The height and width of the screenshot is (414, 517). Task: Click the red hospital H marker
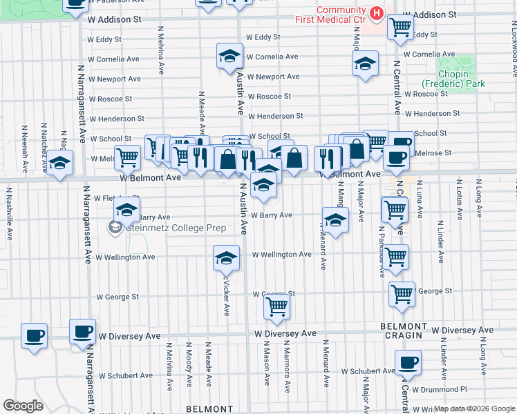[x=376, y=13]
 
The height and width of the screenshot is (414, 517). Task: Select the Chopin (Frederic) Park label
[x=453, y=79]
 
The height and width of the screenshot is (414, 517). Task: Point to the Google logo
[x=23, y=405]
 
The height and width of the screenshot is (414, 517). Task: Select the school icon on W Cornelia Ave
[x=230, y=57]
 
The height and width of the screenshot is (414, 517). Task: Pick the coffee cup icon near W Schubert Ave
[x=408, y=362]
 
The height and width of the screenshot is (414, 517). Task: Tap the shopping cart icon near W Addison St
[x=400, y=27]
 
